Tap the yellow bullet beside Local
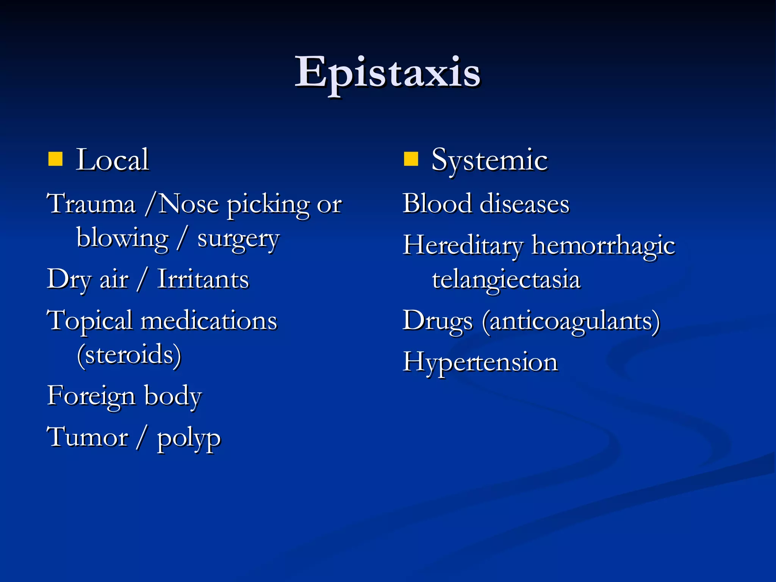pos(55,160)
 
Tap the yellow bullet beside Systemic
pos(411,160)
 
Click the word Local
pos(112,160)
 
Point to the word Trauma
pos(91,204)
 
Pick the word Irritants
pos(203,280)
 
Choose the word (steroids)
pos(129,355)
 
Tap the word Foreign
pos(91,396)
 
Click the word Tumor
pos(88,437)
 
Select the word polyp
pos(189,439)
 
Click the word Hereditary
pos(463,246)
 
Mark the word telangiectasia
pos(506,280)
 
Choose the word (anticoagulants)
pos(571,322)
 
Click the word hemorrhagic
pos(603,246)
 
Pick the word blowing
pos(122,239)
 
